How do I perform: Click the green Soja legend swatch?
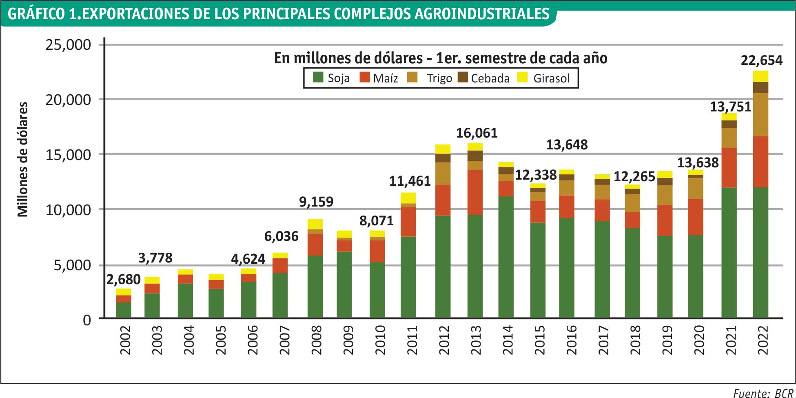318,78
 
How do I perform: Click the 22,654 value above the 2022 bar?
762,60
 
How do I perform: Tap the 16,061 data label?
477,133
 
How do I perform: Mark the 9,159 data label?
316,202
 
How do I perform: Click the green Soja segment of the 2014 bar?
506,257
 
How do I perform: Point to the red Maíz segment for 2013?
475,192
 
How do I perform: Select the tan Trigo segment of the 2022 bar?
761,115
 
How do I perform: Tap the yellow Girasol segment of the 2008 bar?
315,224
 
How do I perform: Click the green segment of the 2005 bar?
216,303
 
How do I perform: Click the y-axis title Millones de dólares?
23,159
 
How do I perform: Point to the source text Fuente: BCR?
763,393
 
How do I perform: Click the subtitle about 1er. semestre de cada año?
440,58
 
